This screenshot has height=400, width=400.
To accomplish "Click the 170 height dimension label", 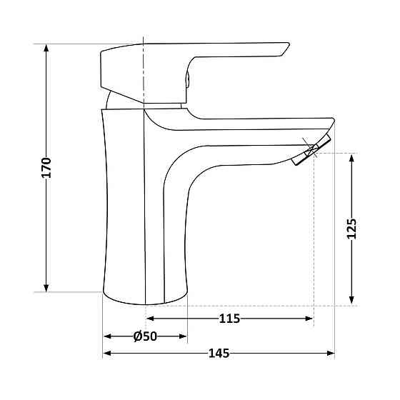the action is tap(46, 168).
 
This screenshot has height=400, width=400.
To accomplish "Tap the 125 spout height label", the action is tap(351, 229).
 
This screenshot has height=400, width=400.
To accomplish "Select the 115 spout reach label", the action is tap(229, 319).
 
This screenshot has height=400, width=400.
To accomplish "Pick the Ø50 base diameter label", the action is tap(145, 336).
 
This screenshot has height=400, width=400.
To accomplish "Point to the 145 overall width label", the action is tap(219, 354).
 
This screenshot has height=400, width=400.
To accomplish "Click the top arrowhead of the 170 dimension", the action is tap(46, 48).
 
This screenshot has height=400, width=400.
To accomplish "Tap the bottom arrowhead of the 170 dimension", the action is tap(46, 288).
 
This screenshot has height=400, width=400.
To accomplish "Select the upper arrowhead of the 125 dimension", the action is tap(351, 158).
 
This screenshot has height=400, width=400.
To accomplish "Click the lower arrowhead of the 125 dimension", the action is tap(351, 300).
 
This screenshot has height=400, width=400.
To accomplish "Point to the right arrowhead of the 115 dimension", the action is tap(309, 319).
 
